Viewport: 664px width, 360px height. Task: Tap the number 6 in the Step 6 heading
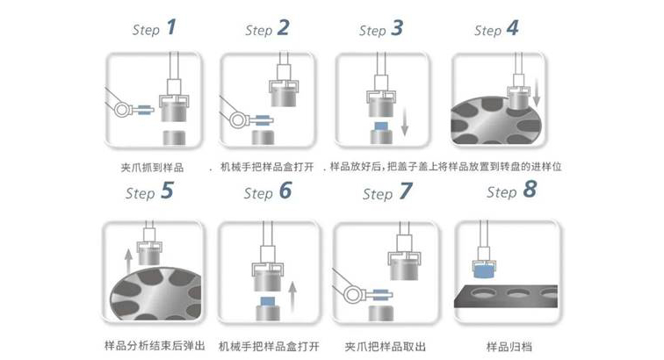(x=285, y=191)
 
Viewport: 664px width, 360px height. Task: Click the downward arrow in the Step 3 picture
(x=404, y=119)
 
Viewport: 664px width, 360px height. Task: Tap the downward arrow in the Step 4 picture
(x=536, y=88)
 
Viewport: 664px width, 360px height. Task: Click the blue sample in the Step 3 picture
(x=381, y=128)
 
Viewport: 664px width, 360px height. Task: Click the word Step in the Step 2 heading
(x=258, y=31)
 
